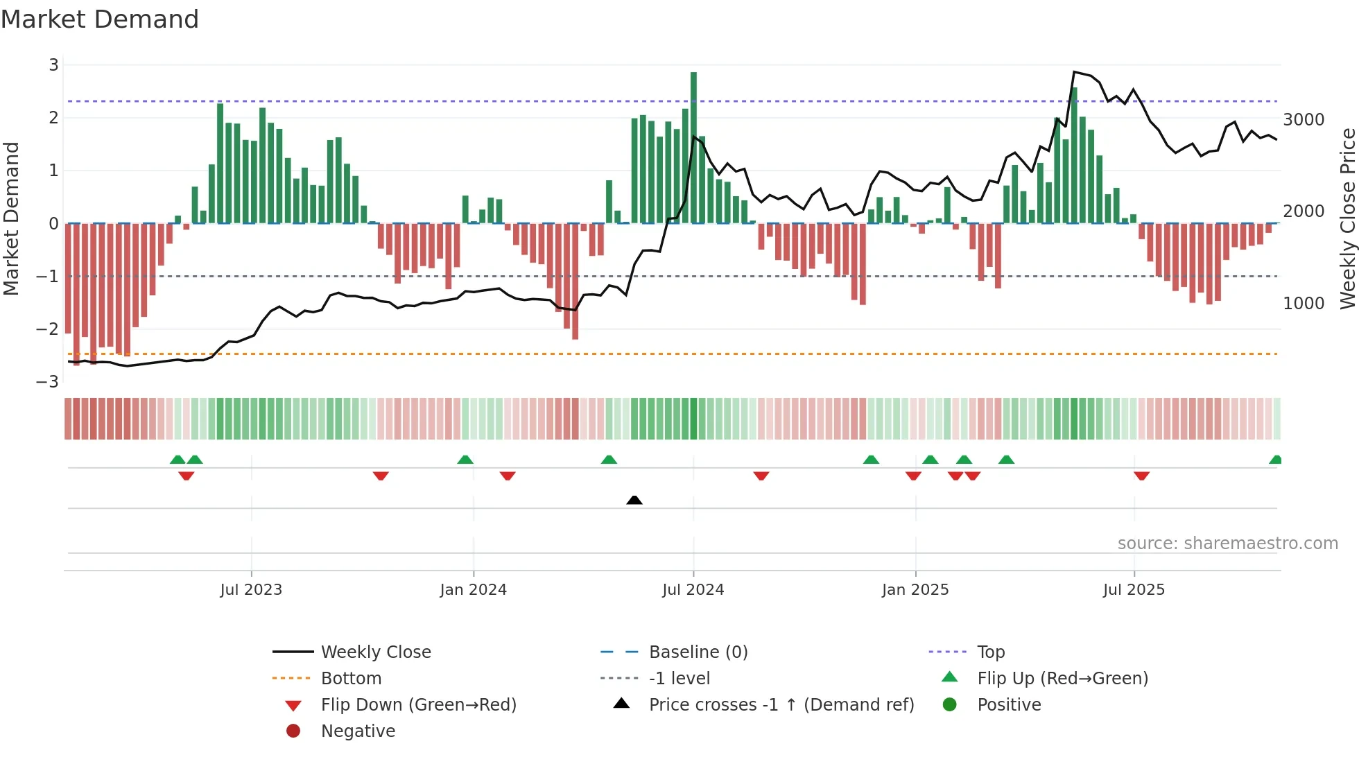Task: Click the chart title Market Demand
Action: pyautogui.click(x=100, y=19)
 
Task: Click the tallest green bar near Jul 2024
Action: pyautogui.click(x=693, y=146)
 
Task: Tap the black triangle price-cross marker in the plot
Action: pyautogui.click(x=634, y=500)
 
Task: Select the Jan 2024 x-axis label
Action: pyautogui.click(x=473, y=590)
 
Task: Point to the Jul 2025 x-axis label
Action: pyautogui.click(x=1134, y=590)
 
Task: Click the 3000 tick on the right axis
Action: pyautogui.click(x=1304, y=120)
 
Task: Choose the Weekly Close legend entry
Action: pyautogui.click(x=375, y=652)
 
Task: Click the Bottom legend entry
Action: pyautogui.click(x=351, y=679)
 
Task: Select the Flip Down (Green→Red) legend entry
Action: pyautogui.click(x=418, y=705)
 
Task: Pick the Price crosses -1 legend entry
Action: pyautogui.click(x=781, y=705)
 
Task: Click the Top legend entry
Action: pyautogui.click(x=990, y=652)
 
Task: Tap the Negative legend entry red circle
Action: pyautogui.click(x=293, y=731)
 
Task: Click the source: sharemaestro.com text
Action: pyautogui.click(x=1227, y=544)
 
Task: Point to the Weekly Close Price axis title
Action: pyautogui.click(x=1347, y=218)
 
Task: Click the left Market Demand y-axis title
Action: pyautogui.click(x=12, y=218)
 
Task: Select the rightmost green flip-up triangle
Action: pyautogui.click(x=1275, y=460)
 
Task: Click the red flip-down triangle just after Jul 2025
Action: pyautogui.click(x=1141, y=476)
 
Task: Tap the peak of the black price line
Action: pyautogui.click(x=1074, y=72)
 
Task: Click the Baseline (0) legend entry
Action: pyautogui.click(x=698, y=652)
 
